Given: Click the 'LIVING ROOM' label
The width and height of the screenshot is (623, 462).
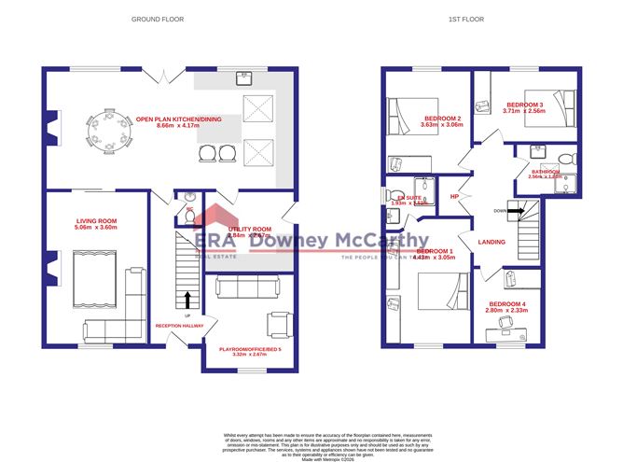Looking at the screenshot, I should click(96, 221).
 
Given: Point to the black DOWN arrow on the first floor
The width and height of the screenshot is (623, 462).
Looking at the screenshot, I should click(512, 211).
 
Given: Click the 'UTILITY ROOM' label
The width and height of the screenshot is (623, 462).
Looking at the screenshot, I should click(249, 229).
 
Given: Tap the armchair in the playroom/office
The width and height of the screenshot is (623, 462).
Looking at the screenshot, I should click(278, 323).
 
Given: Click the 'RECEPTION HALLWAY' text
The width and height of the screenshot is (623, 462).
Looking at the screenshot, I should click(181, 326).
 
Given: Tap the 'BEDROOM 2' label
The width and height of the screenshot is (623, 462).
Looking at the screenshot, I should click(441, 119).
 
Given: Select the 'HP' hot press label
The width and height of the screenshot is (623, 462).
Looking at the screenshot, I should click(454, 197).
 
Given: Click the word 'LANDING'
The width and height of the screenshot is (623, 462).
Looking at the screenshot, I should click(491, 243).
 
